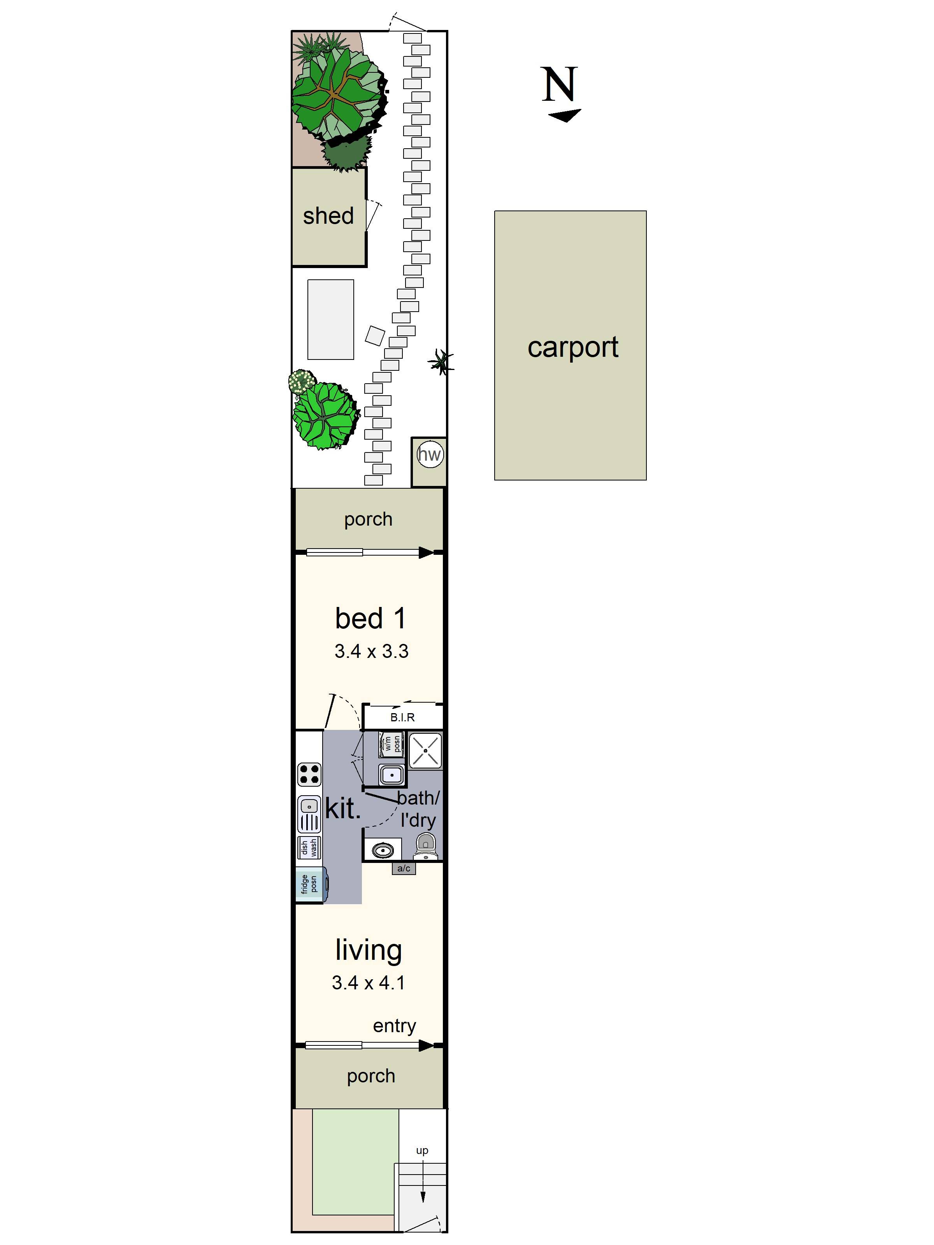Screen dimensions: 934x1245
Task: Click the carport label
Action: point(572,347)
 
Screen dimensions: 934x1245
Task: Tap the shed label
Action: point(328,215)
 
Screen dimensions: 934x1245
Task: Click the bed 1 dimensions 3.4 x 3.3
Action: point(371,651)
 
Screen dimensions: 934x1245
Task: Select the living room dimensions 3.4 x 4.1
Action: point(368,983)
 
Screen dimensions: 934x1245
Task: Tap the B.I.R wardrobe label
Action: point(402,717)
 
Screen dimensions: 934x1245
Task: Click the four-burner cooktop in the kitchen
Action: point(309,775)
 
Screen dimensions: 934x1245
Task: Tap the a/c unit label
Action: point(404,868)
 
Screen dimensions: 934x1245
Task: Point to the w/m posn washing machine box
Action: point(392,744)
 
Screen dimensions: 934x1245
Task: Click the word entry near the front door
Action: point(394,1026)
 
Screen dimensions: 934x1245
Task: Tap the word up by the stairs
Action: point(422,1150)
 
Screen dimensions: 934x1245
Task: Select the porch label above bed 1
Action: point(368,519)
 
